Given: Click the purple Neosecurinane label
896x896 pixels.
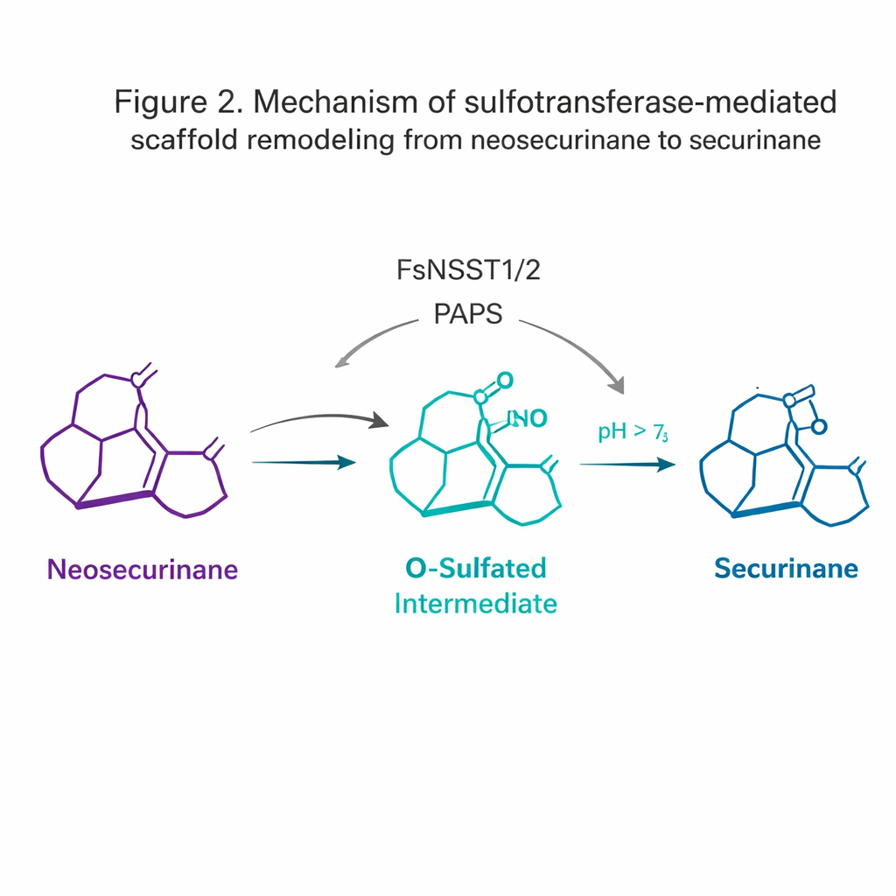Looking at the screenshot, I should [142, 570].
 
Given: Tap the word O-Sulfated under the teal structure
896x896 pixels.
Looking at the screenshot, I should [476, 568].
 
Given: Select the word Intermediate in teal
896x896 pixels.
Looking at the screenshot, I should [476, 604].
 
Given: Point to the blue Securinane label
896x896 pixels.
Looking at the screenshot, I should [786, 569].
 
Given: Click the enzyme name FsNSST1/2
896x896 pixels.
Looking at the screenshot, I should [468, 270].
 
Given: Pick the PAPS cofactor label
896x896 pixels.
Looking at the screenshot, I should [468, 313].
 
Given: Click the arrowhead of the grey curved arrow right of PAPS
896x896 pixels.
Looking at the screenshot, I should [619, 385].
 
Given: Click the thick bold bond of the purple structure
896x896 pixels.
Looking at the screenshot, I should [115, 500].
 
